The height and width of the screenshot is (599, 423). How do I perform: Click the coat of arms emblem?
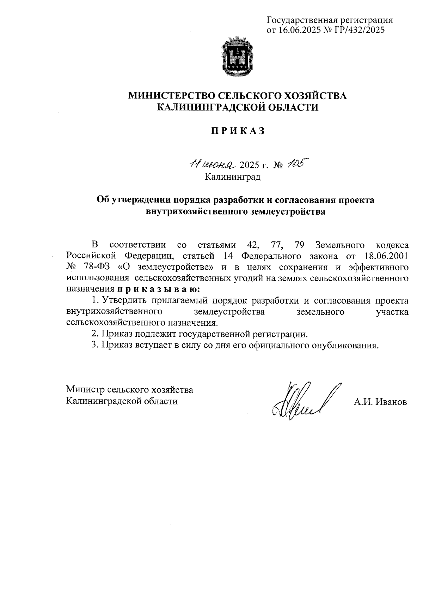(237, 58)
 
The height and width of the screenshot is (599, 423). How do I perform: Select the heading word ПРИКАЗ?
(237, 131)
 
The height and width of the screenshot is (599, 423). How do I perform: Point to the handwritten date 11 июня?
(212, 164)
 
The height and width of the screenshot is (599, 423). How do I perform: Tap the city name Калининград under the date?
(233, 176)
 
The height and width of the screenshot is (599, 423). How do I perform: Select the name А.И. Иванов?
(380, 402)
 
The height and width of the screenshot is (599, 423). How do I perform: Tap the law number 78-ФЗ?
(94, 266)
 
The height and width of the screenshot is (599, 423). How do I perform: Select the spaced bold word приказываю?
(158, 289)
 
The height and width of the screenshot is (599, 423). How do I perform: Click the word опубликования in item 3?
(345, 345)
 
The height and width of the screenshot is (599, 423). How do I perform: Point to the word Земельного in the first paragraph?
(340, 244)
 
